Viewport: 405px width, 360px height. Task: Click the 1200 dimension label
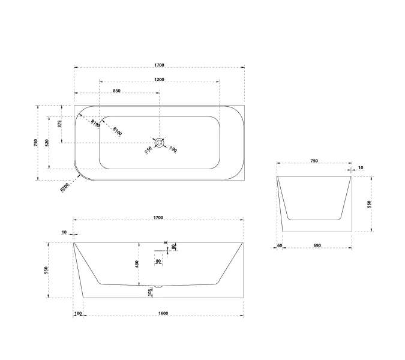click(159, 80)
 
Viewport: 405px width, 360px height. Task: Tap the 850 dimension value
click(117, 91)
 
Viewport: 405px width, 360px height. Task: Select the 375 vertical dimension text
click(59, 124)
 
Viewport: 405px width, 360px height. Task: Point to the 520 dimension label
click(47, 143)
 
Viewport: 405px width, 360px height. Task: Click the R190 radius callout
click(95, 124)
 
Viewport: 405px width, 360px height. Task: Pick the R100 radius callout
click(117, 131)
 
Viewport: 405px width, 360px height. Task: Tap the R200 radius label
click(65, 187)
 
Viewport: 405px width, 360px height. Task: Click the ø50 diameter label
click(148, 150)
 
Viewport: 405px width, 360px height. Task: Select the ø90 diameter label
click(173, 149)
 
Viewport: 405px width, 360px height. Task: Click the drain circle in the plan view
click(160, 143)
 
